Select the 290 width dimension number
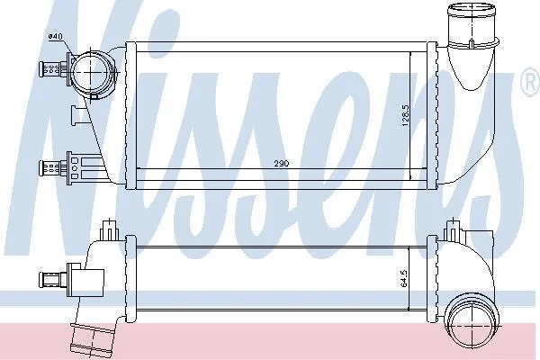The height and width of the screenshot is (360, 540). pos(282,163)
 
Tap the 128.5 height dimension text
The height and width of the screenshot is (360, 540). pos(405,116)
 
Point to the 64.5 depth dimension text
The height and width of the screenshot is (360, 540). pos(404,278)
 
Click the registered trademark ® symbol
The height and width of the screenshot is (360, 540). pos(530,82)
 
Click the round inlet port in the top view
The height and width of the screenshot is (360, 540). pos(91,73)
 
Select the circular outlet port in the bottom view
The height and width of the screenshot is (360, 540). pos(472,319)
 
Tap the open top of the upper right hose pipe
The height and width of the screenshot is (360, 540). pos(472,7)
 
